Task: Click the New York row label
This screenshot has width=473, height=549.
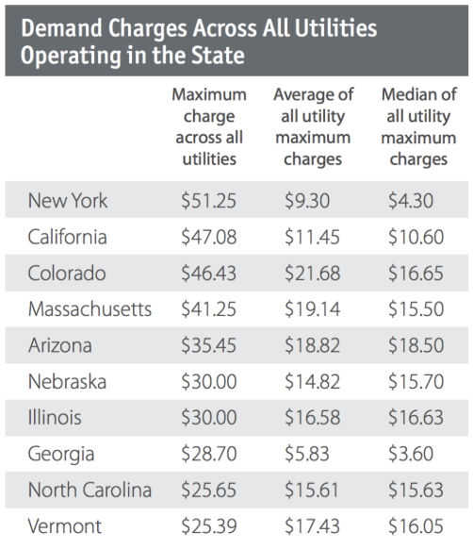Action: click(x=68, y=201)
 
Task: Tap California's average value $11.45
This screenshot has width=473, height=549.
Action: click(x=313, y=236)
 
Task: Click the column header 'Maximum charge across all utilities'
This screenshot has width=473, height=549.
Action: click(x=208, y=127)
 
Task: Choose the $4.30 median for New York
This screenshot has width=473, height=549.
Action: click(x=411, y=201)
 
